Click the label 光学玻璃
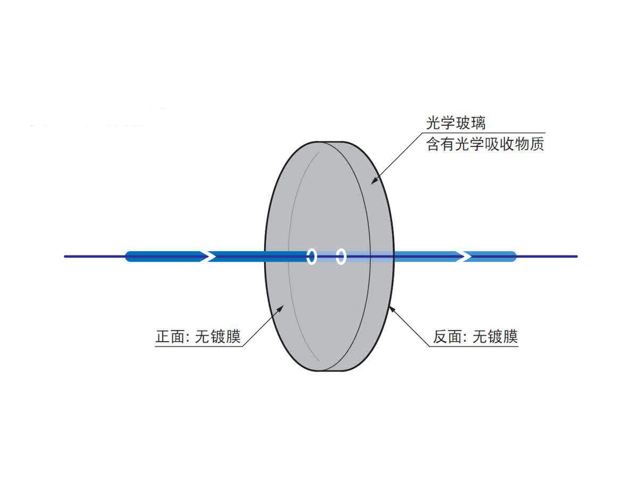coord(456,123)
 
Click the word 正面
coord(169,337)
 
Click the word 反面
coord(446,337)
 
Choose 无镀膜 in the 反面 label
coord(496,337)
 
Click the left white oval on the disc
coord(312,257)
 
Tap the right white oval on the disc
coord(341,257)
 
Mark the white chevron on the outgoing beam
coord(466,257)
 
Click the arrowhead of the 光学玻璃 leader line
coord(373,182)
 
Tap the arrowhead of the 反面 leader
coord(391,307)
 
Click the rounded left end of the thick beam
coord(128,257)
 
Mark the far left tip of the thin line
coord(65,257)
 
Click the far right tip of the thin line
coord(576,257)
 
